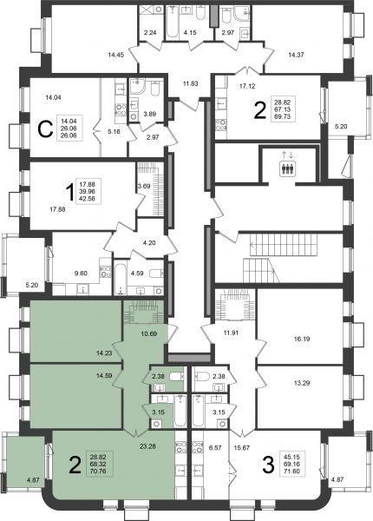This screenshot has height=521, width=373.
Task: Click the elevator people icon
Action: click(287, 168)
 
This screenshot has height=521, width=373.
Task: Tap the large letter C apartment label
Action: click(45, 129)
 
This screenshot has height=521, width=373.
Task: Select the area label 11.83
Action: click(190, 83)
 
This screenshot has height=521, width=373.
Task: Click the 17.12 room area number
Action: click(247, 86)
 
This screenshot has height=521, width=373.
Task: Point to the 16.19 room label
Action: click(302, 339)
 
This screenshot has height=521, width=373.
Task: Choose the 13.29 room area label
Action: click(302, 383)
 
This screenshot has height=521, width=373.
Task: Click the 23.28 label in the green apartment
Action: click(147, 446)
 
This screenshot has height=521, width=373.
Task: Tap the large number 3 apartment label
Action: click(268, 465)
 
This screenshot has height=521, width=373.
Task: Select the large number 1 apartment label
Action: click(69, 193)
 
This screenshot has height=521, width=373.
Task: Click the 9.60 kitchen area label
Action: click(81, 274)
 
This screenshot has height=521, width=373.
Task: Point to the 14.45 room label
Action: click(116, 55)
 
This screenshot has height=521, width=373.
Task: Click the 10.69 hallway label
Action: click(149, 333)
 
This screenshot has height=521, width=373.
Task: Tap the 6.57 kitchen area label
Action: click(215, 448)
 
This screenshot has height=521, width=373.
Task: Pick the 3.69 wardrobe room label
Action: click(144, 186)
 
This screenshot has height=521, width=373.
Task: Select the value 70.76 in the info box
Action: click(99, 471)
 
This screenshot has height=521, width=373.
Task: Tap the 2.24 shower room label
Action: click(150, 33)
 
